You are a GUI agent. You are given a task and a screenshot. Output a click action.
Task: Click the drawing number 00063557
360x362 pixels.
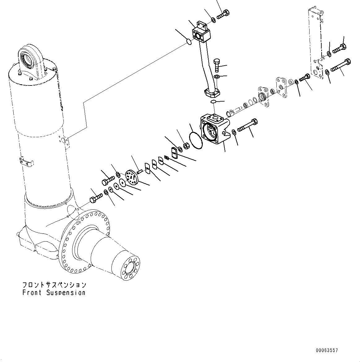coord(327,351)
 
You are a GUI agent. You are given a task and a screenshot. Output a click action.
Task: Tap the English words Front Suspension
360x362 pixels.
coord(54,293)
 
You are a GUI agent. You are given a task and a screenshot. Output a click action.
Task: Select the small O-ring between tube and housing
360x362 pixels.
coord(213,102)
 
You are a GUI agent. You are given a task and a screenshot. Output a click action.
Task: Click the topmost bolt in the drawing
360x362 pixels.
coord(223,14)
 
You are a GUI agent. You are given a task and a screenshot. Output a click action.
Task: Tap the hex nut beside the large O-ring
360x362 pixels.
coord(186,146)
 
